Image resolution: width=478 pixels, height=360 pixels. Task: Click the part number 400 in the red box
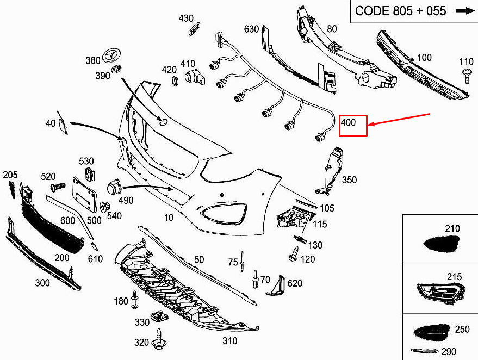pyautogui.click(x=349, y=123)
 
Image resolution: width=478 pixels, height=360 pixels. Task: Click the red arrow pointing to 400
pyautogui.click(x=400, y=120)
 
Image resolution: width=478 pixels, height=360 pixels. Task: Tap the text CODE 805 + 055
pyautogui.click(x=400, y=11)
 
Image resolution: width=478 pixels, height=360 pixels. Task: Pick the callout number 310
pyautogui.click(x=230, y=341)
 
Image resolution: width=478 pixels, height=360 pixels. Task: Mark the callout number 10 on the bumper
pyautogui.click(x=169, y=218)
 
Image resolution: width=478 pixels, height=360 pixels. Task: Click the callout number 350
pyautogui.click(x=350, y=180)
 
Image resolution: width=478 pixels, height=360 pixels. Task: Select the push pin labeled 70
pyautogui.click(x=254, y=280)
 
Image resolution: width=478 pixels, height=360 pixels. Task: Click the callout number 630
pyautogui.click(x=251, y=29)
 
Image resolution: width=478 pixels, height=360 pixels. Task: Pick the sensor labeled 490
pyautogui.click(x=114, y=187)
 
